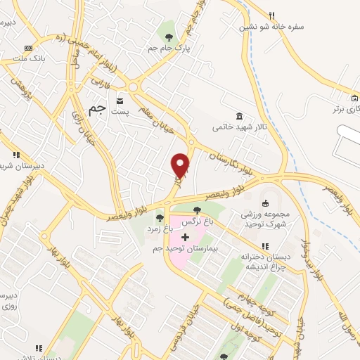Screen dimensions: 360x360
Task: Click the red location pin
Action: click(x=181, y=165)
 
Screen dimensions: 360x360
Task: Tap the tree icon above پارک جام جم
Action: click(x=169, y=36)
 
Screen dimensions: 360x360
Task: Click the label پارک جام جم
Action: click(x=168, y=48)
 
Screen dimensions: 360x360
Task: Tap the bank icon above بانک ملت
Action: click(x=28, y=48)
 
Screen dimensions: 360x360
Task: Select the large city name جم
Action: click(x=99, y=109)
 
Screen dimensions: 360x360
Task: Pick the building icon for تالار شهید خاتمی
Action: click(x=240, y=116)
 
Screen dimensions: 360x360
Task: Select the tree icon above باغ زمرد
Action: click(x=160, y=217)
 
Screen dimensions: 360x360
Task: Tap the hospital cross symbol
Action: click(x=185, y=237)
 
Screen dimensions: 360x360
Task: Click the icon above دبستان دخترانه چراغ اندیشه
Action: click(x=265, y=245)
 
